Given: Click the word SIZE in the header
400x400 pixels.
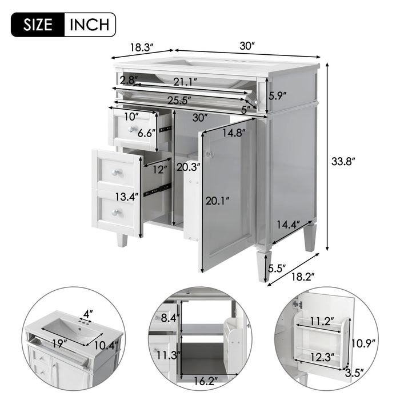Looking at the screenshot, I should click(x=39, y=25).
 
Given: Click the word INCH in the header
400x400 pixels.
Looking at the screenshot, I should click(x=90, y=25).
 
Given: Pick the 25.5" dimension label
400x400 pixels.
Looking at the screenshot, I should click(x=179, y=100).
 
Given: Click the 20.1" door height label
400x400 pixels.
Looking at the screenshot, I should click(x=218, y=200).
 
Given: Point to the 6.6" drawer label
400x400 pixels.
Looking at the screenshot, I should click(x=147, y=133).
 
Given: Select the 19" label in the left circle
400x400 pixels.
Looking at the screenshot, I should click(x=56, y=344).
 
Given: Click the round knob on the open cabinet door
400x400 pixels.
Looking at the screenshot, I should click(x=210, y=154).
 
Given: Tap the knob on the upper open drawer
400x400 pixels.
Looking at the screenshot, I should click(x=133, y=130).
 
